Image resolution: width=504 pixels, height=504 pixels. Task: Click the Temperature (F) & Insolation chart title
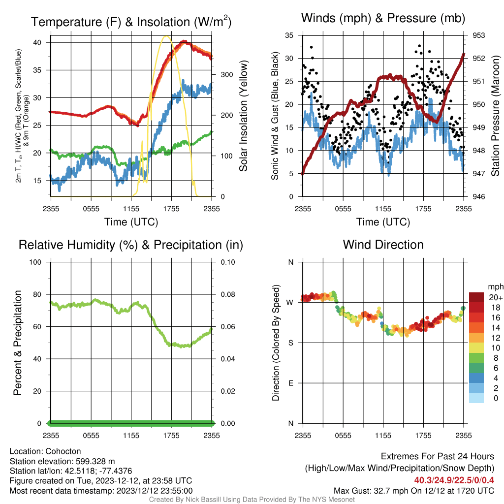coord(131,22)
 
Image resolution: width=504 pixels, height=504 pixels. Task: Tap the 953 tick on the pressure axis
coord(478,35)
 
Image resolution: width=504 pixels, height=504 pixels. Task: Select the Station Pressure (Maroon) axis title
coord(495,116)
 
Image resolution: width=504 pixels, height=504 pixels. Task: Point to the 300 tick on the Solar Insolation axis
coord(226,75)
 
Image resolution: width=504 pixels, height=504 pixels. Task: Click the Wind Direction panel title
coord(383,245)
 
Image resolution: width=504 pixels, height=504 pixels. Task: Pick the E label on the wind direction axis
coord(290,383)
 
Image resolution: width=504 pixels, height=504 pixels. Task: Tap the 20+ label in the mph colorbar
coord(496,297)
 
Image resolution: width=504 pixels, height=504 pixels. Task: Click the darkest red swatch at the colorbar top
coord(476,297)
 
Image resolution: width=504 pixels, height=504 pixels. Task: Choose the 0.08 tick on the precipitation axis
coord(227,294)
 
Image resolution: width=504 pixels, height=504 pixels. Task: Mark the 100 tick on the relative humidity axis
coord(35,262)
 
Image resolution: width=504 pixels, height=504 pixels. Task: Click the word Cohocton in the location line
coord(63,451)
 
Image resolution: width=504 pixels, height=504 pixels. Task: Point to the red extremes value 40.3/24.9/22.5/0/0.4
coord(454,480)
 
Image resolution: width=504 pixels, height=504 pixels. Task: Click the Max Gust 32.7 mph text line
coord(413,491)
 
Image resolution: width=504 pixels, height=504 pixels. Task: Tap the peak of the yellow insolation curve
coord(166,36)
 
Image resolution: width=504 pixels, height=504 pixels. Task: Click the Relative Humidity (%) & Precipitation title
coord(131,245)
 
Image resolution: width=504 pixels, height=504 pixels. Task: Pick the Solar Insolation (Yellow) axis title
coord(243,116)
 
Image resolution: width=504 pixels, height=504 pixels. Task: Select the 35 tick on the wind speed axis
coord(289,35)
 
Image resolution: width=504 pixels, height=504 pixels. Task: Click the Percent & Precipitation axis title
coord(17,343)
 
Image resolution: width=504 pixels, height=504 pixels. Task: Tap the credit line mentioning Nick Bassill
coord(252,500)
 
